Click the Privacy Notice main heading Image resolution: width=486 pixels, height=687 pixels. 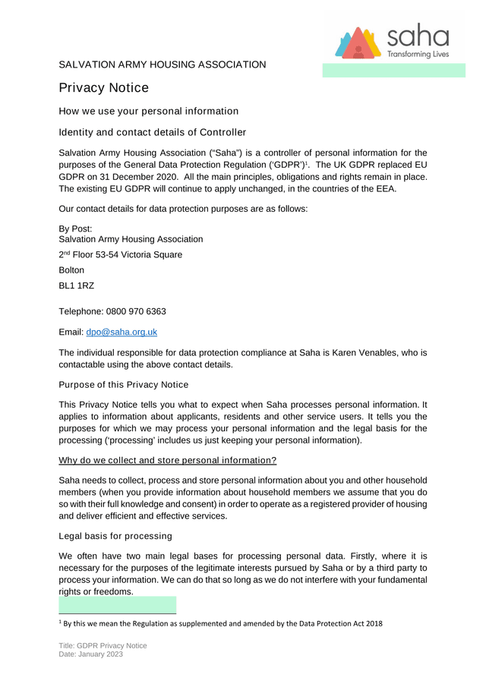click(104, 88)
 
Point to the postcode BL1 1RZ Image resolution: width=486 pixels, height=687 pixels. click(77, 286)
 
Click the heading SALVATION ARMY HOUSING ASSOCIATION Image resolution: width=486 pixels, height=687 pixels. click(163, 65)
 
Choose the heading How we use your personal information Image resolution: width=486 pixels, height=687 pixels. click(149, 112)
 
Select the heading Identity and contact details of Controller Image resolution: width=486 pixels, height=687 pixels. click(153, 133)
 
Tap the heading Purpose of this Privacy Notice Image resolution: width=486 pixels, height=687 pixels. click(124, 385)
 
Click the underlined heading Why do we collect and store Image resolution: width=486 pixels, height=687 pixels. click(168, 461)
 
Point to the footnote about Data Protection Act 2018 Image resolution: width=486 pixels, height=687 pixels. click(220, 624)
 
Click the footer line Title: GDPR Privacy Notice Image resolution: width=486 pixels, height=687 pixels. click(103, 646)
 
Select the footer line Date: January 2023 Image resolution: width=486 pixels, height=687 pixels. click(92, 654)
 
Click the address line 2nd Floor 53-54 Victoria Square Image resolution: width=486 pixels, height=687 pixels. click(120, 255)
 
